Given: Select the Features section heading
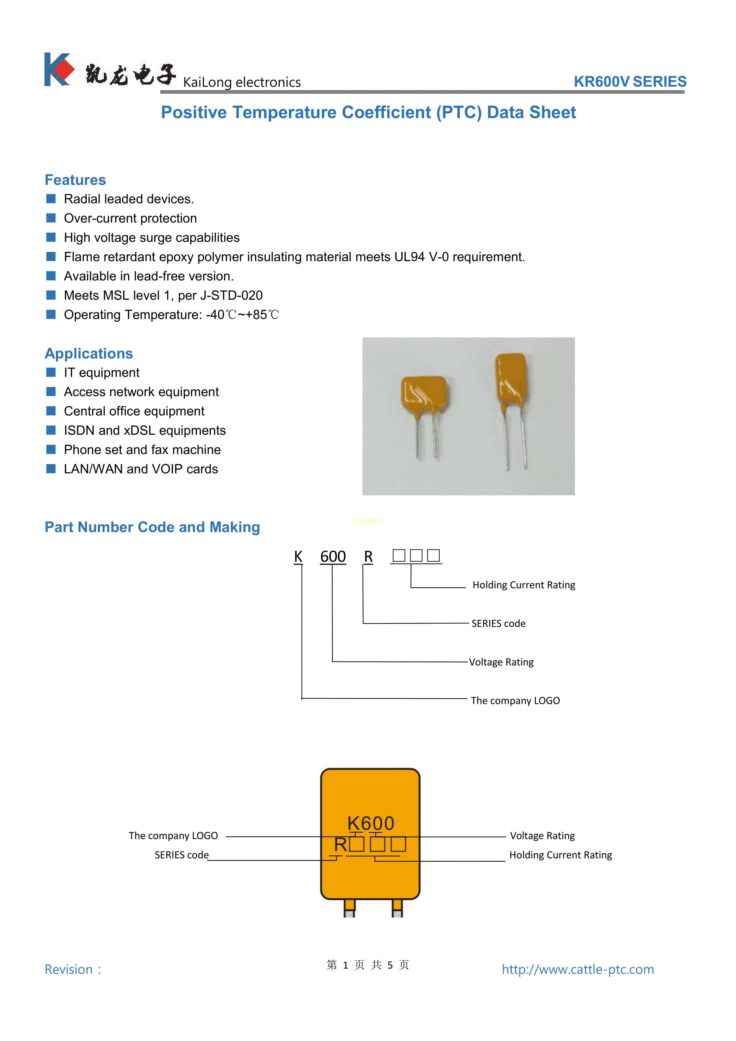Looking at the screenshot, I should click(x=75, y=180).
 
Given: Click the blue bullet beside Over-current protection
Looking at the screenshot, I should click(x=51, y=218).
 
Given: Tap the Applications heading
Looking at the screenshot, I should click(x=89, y=354).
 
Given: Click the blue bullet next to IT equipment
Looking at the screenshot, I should click(x=51, y=372).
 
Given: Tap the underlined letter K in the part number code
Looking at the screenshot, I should click(x=298, y=556).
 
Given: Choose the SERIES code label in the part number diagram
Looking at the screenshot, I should click(x=498, y=623).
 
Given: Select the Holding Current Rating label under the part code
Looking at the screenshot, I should click(x=524, y=585).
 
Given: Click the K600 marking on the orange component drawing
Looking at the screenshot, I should click(x=371, y=823).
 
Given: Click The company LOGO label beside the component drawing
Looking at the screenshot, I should click(x=173, y=836).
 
